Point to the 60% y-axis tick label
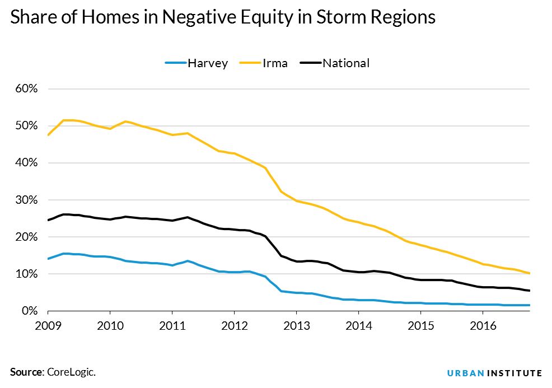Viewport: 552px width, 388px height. (26, 89)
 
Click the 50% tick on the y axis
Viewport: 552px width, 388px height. (26, 126)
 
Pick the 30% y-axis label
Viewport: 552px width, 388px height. (26, 200)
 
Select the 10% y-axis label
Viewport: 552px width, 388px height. (26, 274)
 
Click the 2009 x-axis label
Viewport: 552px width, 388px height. (48, 324)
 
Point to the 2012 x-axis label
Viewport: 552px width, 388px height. (234, 324)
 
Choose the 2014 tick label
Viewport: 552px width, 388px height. (358, 324)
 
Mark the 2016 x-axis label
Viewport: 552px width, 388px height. (481, 324)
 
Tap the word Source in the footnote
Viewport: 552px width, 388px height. (25, 372)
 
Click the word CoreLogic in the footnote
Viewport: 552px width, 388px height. (68, 372)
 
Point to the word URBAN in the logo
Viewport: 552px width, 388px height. (465, 373)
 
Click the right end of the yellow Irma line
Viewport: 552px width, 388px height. (529, 273)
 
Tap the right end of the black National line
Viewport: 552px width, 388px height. (529, 291)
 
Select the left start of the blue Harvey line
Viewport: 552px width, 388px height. (49, 259)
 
